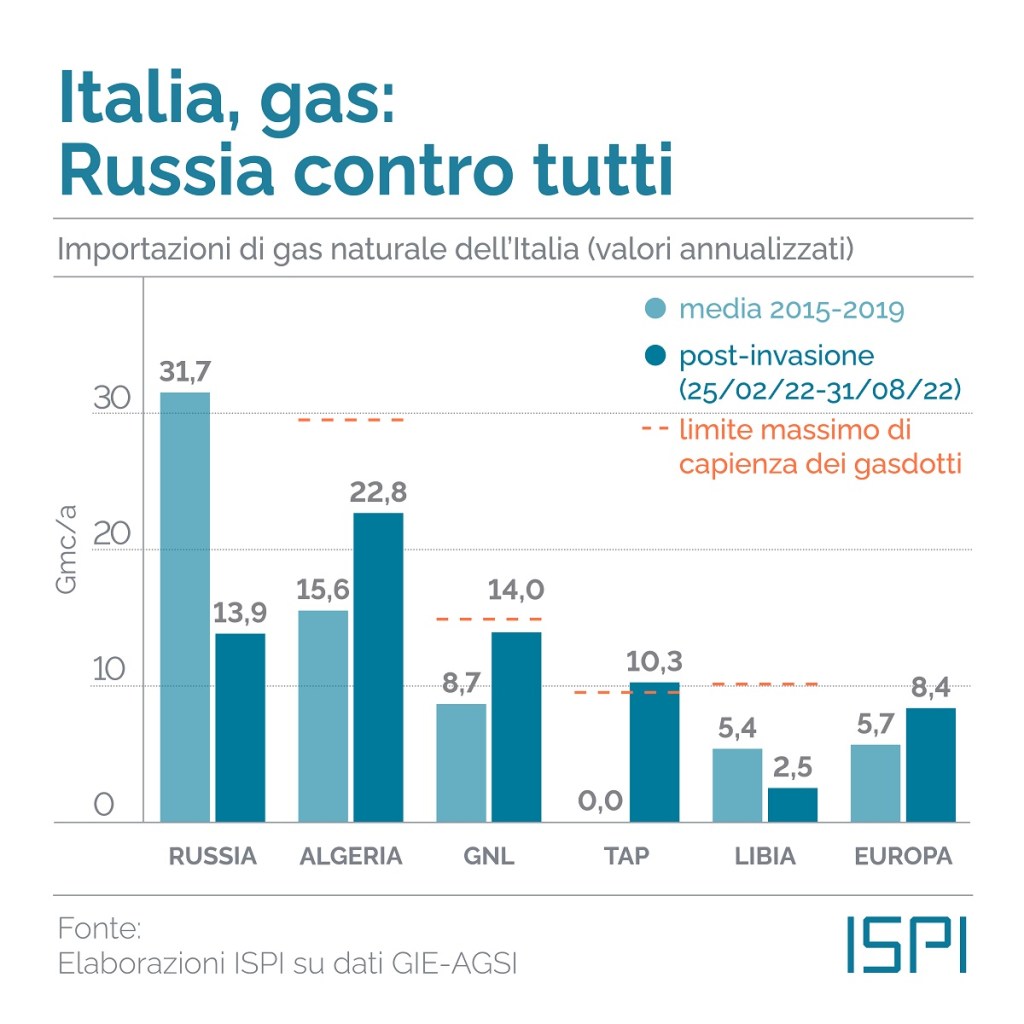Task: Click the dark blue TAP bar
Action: point(655,752)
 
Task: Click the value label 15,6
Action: point(322,590)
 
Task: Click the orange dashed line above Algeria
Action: point(350,419)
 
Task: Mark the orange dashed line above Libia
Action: point(765,684)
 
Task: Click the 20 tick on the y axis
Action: point(113,536)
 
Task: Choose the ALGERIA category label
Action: point(350,857)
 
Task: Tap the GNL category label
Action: point(489,857)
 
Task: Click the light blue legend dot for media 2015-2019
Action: point(656,308)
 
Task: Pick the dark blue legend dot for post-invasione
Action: point(656,355)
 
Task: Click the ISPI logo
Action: point(906,943)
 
